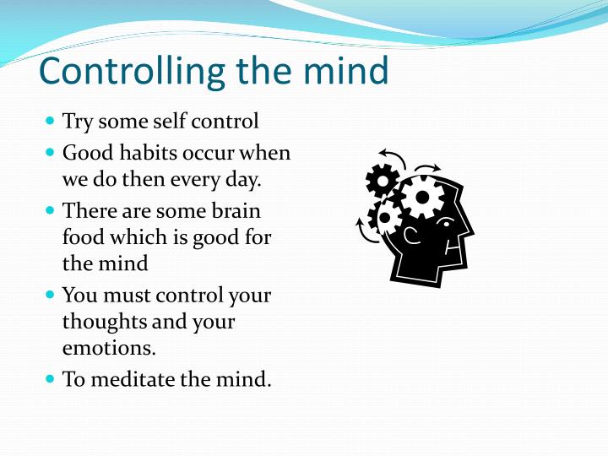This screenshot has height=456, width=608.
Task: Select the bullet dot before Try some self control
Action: [49, 122]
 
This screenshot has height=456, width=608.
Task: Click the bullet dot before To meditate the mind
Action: [49, 379]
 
